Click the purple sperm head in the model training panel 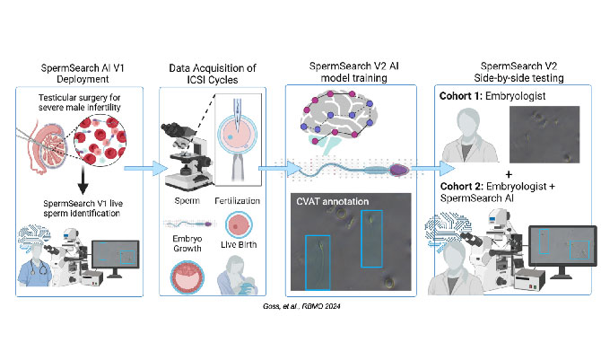(x=400, y=167)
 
